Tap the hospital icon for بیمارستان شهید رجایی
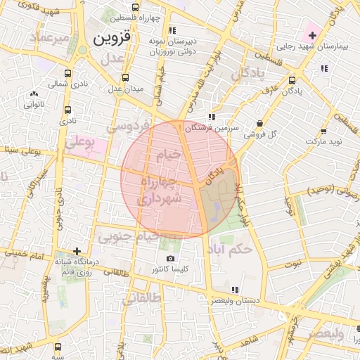pyautogui.click(x=312, y=34)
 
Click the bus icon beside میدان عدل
pyautogui.click(x=125, y=77)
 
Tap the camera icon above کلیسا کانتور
pyautogui.click(x=170, y=259)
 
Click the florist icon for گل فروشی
pyautogui.click(x=259, y=123)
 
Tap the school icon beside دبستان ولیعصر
pyautogui.click(x=235, y=290)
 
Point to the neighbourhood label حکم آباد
pyautogui.click(x=234, y=249)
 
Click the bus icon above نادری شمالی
pyautogui.click(x=67, y=73)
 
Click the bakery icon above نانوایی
pyautogui.click(x=34, y=94)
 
